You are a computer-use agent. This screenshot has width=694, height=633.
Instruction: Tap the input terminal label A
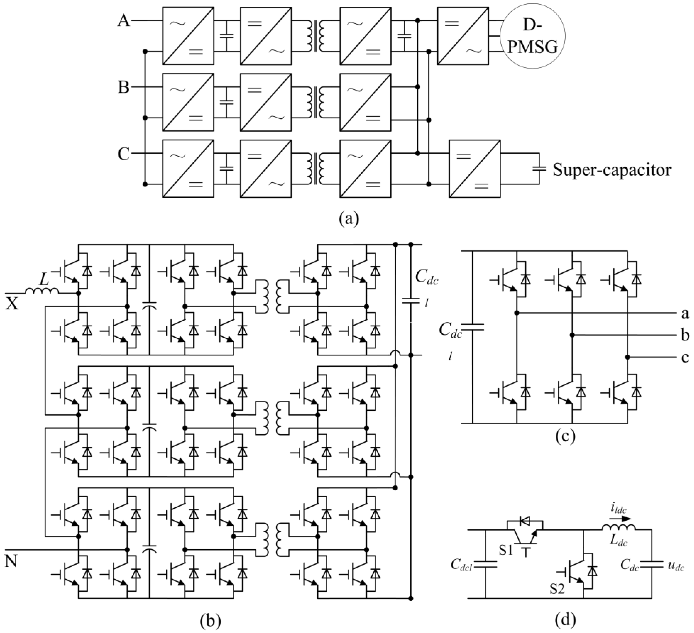click(124, 21)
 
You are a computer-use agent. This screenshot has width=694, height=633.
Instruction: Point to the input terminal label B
click(124, 87)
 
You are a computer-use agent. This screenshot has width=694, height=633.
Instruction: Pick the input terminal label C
click(124, 154)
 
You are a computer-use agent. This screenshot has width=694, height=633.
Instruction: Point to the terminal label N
click(12, 562)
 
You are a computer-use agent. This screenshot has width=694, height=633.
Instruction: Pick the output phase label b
click(685, 335)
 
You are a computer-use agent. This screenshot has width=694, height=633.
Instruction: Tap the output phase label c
click(685, 358)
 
